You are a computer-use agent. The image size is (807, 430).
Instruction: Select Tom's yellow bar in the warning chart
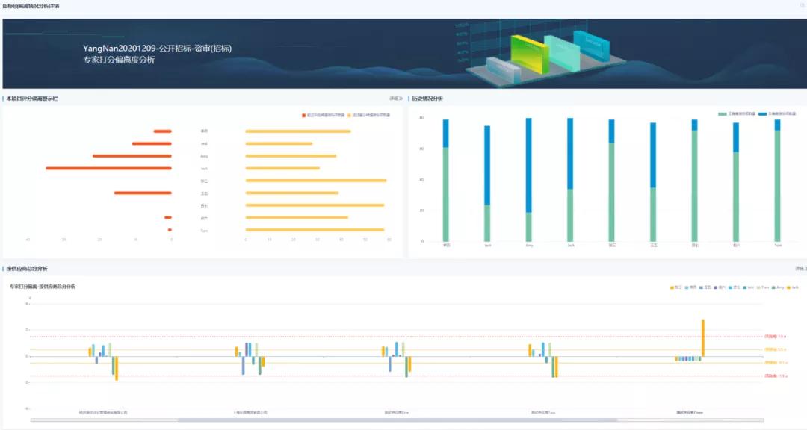point(315,230)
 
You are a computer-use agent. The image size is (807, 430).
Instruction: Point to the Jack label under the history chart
point(571,245)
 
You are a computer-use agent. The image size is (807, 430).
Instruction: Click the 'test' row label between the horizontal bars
point(204,143)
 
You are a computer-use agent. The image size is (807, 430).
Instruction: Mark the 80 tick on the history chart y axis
point(422,118)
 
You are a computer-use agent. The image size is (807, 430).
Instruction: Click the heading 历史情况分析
point(427,99)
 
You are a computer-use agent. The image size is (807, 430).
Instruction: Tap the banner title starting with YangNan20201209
point(158,49)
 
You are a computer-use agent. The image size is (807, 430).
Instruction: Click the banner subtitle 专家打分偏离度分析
point(119,60)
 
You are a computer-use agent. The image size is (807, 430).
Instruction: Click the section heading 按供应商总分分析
point(27,269)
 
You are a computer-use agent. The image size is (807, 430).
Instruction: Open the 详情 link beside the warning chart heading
point(395,99)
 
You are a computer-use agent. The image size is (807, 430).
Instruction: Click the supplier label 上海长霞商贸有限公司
point(250,412)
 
